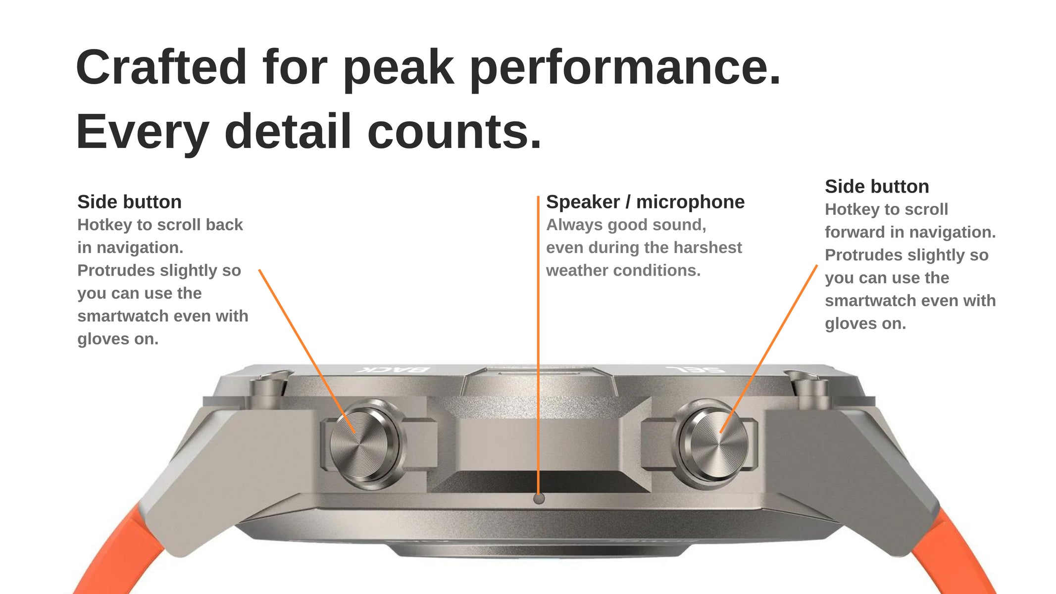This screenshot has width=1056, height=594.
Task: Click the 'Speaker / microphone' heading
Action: (x=645, y=202)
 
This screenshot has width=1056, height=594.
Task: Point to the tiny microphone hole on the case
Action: (x=539, y=498)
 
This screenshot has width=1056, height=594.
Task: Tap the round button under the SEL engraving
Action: (x=713, y=443)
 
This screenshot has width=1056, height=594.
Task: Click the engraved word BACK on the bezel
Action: (x=393, y=369)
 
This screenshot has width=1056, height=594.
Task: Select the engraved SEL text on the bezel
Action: (x=696, y=369)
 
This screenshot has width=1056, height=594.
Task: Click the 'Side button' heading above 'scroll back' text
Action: (x=129, y=202)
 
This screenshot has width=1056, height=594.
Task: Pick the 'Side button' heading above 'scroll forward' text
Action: (x=877, y=187)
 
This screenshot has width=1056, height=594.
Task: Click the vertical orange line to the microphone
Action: (x=538, y=345)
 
